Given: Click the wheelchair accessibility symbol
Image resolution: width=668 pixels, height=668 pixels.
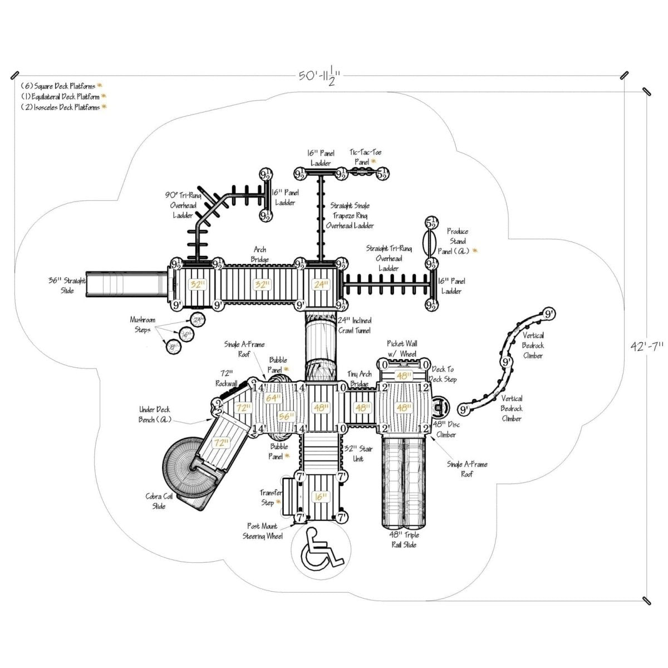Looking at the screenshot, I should tap(318, 548).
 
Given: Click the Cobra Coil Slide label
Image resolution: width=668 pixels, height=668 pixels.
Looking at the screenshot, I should tap(159, 501).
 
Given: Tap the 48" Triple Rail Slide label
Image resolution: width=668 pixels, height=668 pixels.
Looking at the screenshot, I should tap(404, 539).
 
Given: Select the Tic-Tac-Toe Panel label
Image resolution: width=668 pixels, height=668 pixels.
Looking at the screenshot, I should tap(366, 156).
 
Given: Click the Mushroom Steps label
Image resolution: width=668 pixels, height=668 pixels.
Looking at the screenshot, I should tap(143, 325).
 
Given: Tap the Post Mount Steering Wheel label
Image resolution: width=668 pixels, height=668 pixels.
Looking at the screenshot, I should tap(265, 531).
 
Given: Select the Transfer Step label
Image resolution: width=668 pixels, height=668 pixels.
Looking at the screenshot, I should tap(271, 497).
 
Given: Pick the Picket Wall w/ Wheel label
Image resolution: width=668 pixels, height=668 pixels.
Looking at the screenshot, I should tap(402, 348).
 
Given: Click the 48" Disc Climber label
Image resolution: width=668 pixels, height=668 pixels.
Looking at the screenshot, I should tap(447, 429).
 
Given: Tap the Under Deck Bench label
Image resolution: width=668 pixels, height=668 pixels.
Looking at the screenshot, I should tap(155, 414).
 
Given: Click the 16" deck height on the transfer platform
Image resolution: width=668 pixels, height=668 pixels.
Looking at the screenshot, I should tap(320, 497).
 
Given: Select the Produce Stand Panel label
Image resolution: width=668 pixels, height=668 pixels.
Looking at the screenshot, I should tap(458, 241).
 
